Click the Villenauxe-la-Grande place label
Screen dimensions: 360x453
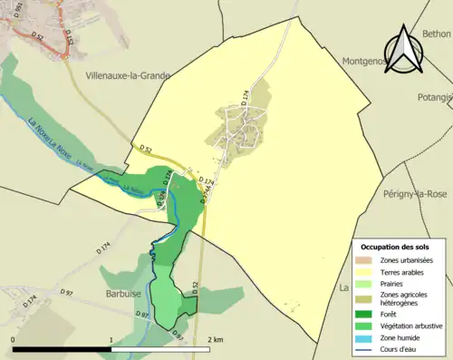coord(127,76)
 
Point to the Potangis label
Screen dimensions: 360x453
coord(436,97)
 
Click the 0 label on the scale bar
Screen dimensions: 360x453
coord(14,339)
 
